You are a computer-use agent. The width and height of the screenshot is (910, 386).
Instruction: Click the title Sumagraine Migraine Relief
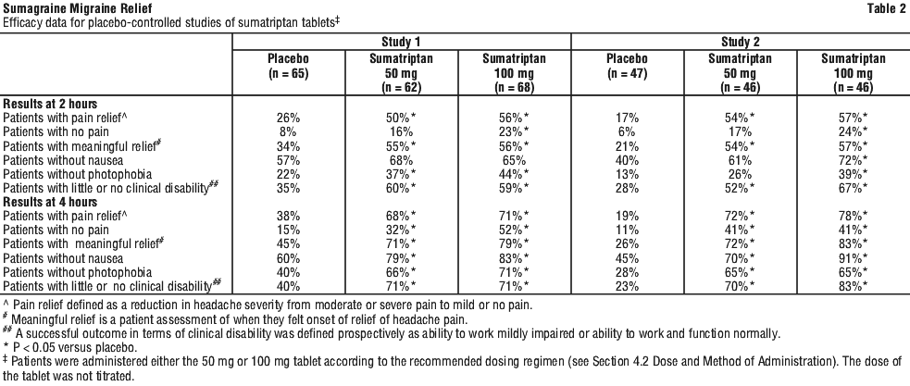coord(78,8)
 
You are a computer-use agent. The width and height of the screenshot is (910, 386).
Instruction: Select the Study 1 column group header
coord(401,42)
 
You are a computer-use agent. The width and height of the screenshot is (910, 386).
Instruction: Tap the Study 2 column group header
coord(741,42)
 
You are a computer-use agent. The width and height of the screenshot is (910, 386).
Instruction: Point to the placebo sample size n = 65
coord(289,74)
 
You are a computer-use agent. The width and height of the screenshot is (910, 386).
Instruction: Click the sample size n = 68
coord(514,88)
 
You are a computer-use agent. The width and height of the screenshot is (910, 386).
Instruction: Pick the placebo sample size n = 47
coord(628,74)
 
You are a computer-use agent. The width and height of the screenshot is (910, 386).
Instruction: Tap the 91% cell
coord(854,258)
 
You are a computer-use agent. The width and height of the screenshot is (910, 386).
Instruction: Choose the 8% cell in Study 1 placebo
coord(289,131)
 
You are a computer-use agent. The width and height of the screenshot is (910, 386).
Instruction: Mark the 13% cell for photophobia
coord(628,174)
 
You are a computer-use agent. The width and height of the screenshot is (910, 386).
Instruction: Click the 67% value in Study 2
coord(854,188)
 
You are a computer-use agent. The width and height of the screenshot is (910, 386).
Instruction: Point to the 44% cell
coord(514,174)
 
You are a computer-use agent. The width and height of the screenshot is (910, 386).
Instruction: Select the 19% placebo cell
coord(628,216)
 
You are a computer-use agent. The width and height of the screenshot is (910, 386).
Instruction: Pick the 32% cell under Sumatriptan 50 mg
coord(401,230)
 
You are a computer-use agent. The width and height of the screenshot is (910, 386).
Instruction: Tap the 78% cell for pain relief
coord(854,216)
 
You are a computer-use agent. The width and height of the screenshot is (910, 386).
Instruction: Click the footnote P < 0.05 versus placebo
coord(70,348)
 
